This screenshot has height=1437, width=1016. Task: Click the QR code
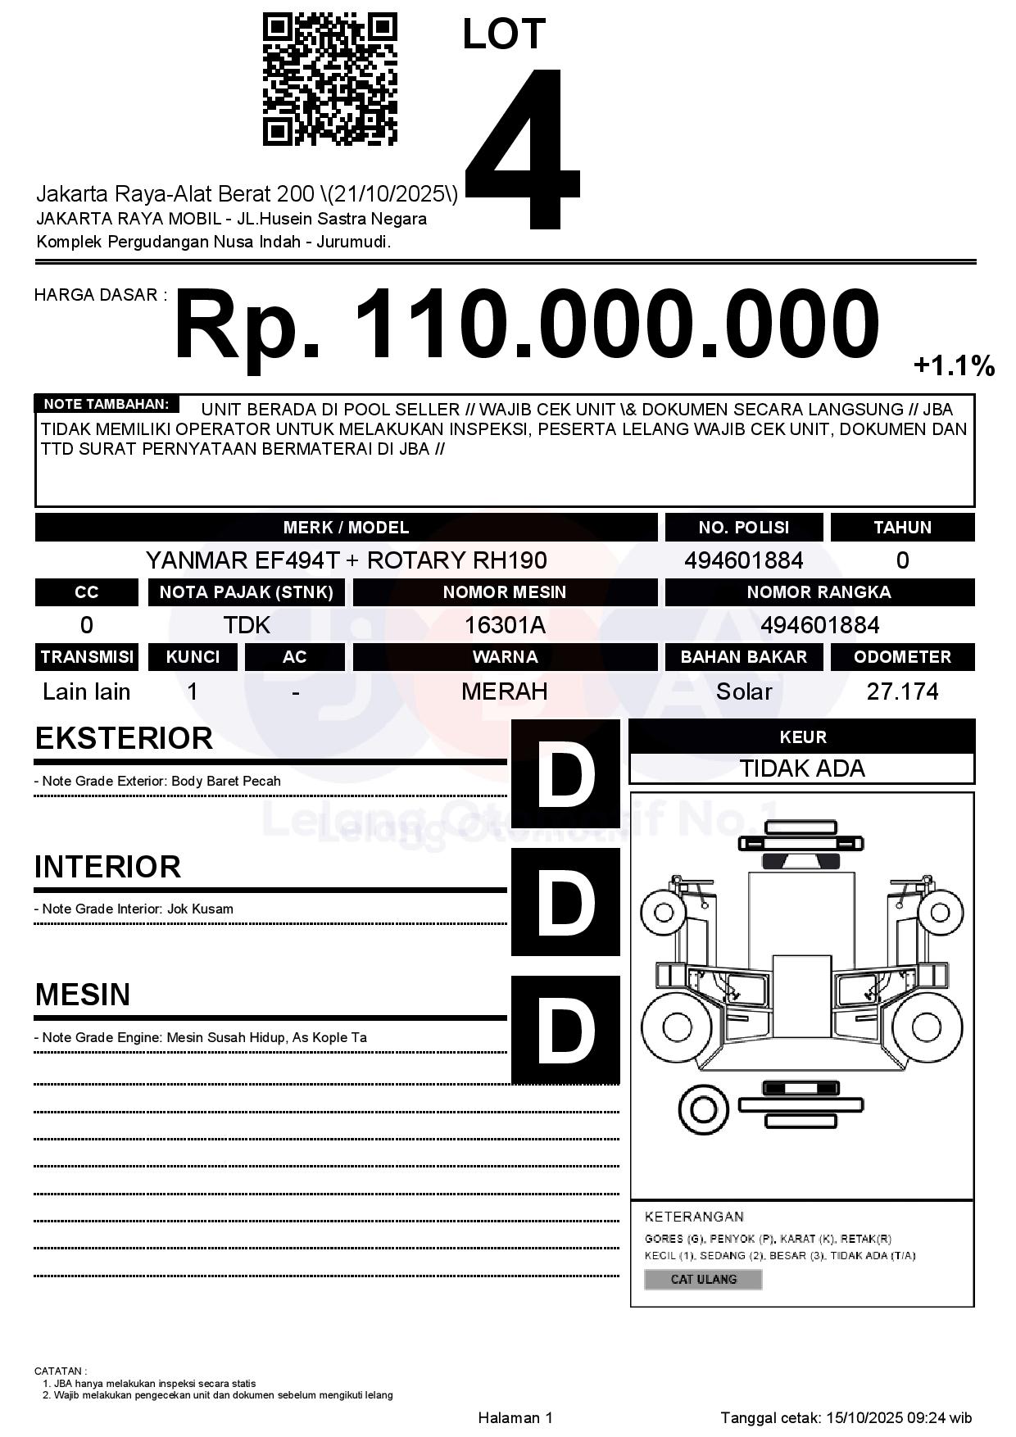pyautogui.click(x=329, y=79)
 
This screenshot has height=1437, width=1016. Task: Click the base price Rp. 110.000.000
pyautogui.click(x=526, y=324)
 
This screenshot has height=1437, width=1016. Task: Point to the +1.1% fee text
pyautogui.click(x=954, y=365)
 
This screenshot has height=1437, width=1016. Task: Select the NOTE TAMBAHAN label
pyautogui.click(x=107, y=404)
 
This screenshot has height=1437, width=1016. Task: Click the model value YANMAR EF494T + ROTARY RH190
pyautogui.click(x=346, y=560)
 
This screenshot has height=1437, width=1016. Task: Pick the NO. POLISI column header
pyautogui.click(x=743, y=528)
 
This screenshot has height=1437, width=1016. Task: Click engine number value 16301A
pyautogui.click(x=505, y=625)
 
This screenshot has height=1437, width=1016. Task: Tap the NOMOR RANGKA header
pyautogui.click(x=819, y=592)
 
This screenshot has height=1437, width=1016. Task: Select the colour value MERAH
pyautogui.click(x=505, y=691)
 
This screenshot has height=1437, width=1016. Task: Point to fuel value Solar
pyautogui.click(x=743, y=691)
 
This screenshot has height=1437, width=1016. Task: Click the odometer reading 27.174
pyautogui.click(x=902, y=691)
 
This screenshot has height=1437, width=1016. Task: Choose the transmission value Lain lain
pyautogui.click(x=86, y=691)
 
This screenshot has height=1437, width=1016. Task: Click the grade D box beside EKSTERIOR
pyautogui.click(x=565, y=773)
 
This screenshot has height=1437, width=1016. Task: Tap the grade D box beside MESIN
pyautogui.click(x=565, y=1030)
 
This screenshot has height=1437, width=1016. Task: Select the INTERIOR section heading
pyautogui.click(x=107, y=867)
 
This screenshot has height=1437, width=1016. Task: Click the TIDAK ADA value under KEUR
pyautogui.click(x=802, y=768)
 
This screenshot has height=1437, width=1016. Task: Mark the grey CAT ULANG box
pyautogui.click(x=703, y=1279)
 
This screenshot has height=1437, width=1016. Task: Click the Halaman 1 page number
pyautogui.click(x=515, y=1417)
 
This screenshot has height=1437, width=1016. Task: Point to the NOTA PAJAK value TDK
pyautogui.click(x=247, y=625)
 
